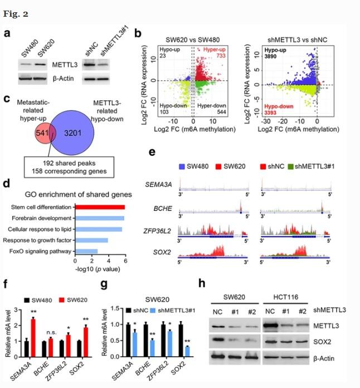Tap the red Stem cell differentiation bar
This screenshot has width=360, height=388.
100,207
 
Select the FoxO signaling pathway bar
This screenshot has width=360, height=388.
86,252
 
